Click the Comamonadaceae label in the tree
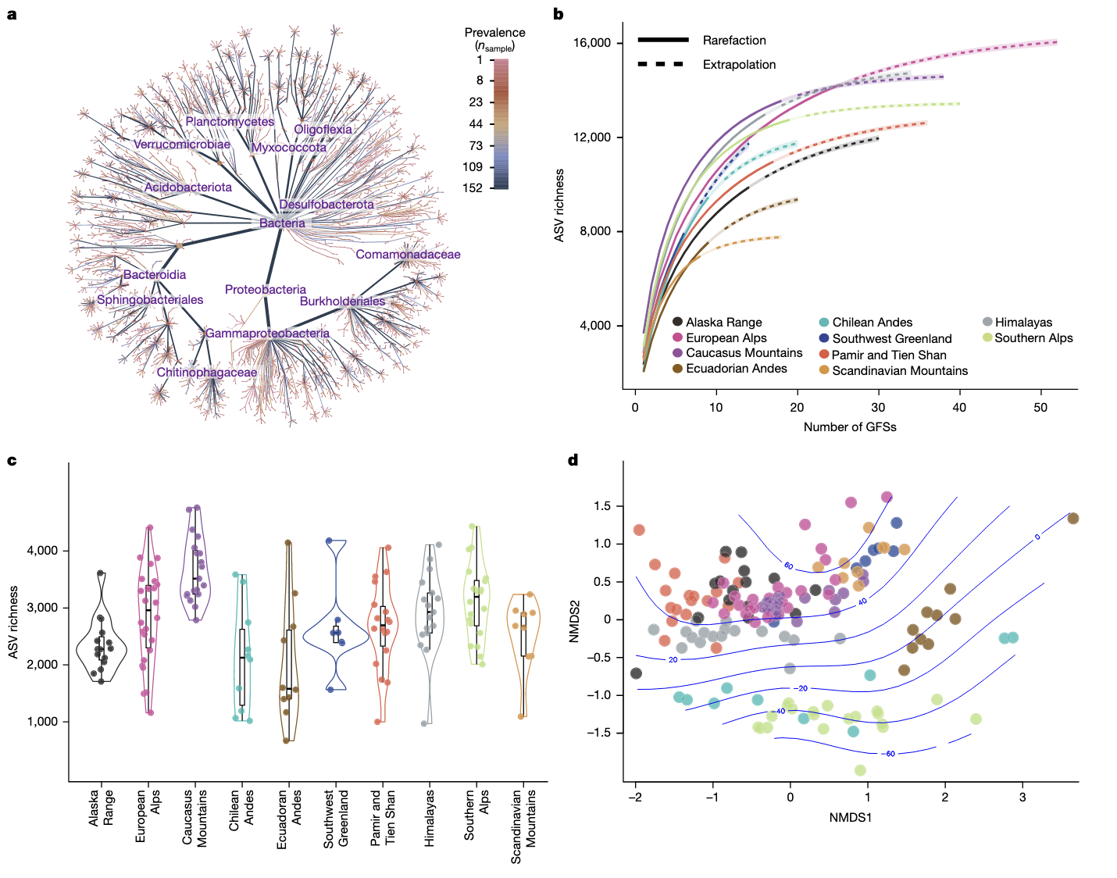408,255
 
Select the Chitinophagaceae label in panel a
206,373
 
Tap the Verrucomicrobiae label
182,145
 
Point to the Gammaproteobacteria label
267,334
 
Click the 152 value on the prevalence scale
473,188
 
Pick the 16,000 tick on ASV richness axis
591,43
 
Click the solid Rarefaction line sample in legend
662,40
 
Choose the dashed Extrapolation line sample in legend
661,64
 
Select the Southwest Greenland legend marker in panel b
824,338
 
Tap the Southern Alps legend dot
987,337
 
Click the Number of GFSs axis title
850,427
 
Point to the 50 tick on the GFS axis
1040,407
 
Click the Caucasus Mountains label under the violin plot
194,817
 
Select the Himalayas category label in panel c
430,817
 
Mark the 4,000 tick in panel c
43,551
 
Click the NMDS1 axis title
850,817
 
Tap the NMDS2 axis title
574,622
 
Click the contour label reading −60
888,754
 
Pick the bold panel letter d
573,460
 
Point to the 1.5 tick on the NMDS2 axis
602,506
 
